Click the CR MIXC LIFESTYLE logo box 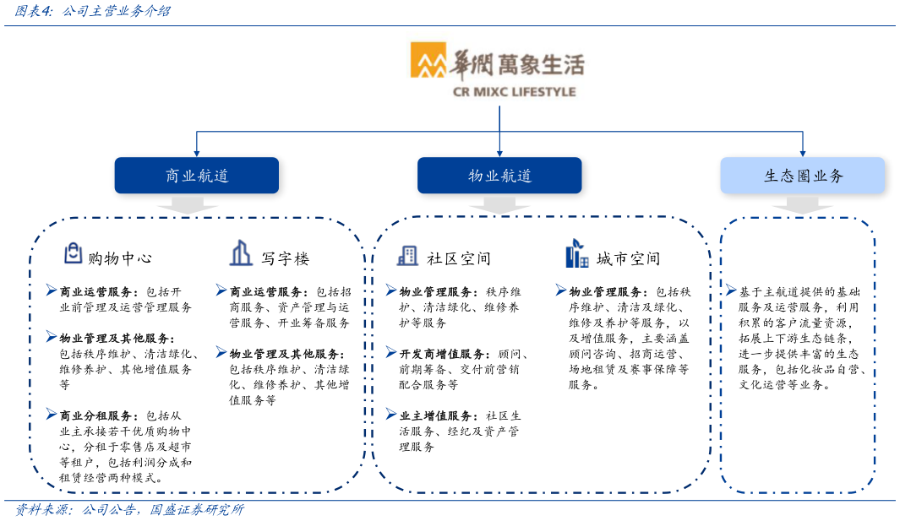click(499, 68)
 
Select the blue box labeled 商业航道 click(196, 176)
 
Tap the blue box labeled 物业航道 click(499, 176)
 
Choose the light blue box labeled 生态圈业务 click(802, 176)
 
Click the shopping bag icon click(74, 252)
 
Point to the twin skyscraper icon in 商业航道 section click(241, 252)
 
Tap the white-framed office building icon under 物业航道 click(407, 256)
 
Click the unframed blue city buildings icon click(576, 253)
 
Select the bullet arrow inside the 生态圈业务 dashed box click(730, 290)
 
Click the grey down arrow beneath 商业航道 click(187, 205)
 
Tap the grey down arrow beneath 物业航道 click(499, 205)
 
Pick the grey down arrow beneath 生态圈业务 click(802, 205)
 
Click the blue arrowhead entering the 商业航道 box click(196, 153)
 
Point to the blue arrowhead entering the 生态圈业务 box click(802, 153)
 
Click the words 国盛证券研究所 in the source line click(197, 510)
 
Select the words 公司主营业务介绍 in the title click(117, 11)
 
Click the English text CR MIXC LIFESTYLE click(514, 91)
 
